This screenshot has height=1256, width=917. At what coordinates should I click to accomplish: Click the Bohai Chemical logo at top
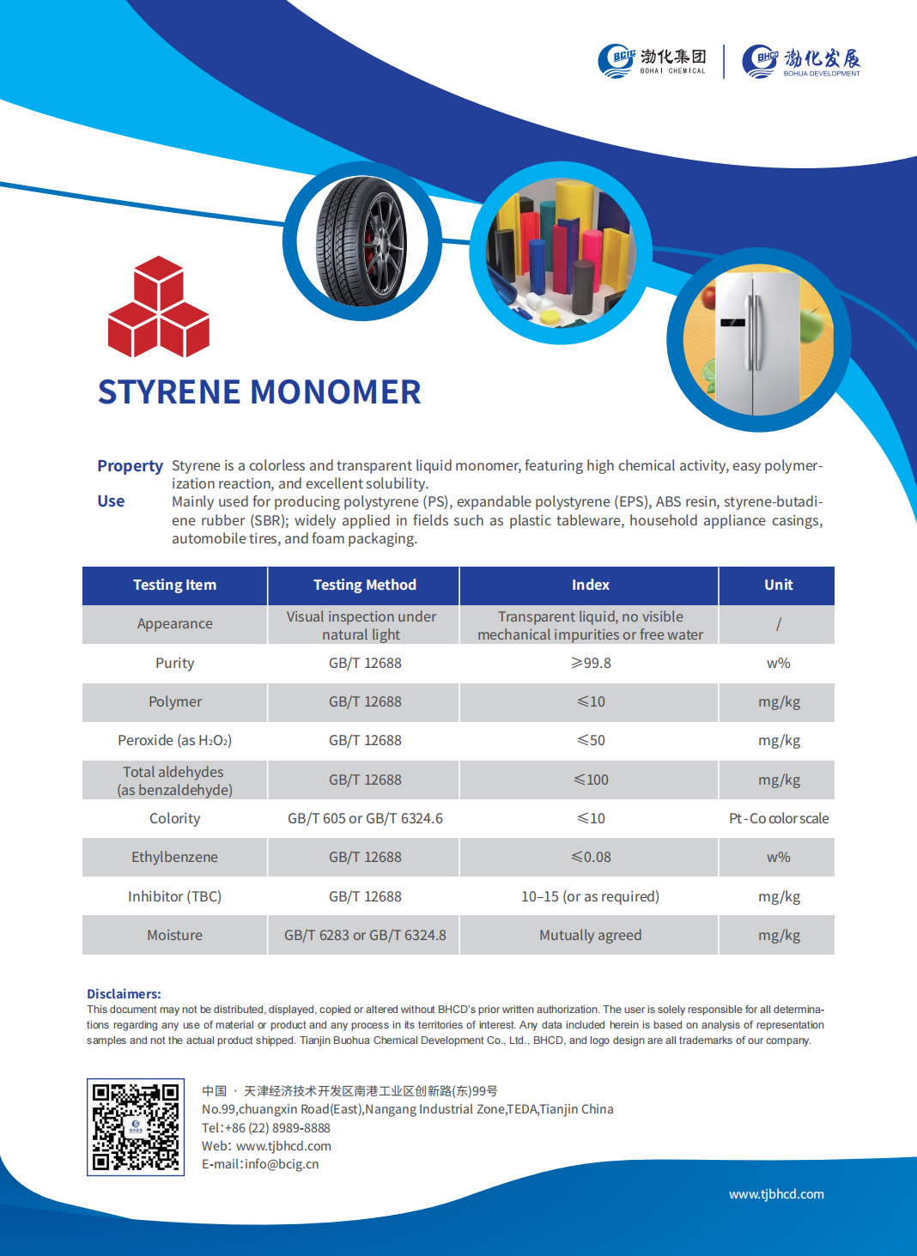click(652, 61)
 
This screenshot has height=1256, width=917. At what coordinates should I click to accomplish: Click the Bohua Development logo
click(801, 61)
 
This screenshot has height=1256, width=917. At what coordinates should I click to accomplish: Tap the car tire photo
click(361, 242)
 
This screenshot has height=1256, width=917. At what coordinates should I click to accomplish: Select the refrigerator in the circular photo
click(752, 343)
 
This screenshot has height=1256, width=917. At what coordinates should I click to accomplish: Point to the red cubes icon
click(159, 306)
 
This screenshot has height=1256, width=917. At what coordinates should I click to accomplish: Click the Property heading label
click(130, 466)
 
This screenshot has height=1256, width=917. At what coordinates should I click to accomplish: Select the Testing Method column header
click(364, 585)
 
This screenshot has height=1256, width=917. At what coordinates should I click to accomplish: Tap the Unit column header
click(778, 585)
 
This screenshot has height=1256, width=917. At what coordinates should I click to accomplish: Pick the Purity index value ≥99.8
click(591, 663)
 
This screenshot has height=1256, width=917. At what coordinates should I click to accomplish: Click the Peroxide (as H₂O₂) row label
click(174, 740)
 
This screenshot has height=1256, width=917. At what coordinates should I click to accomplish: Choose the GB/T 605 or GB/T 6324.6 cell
click(365, 818)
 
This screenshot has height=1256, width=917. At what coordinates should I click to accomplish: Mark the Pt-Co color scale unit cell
click(778, 818)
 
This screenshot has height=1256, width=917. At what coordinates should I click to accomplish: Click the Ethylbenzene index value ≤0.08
click(591, 857)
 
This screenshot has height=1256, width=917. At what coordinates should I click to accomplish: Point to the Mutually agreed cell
click(590, 935)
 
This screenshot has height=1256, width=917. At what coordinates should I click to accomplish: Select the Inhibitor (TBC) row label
click(174, 896)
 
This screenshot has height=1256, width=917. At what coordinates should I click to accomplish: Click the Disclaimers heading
click(124, 993)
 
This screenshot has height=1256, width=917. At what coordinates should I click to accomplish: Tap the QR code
click(136, 1126)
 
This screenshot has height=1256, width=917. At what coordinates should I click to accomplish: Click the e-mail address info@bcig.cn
click(282, 1164)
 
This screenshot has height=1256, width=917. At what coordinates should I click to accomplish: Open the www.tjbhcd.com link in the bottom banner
click(776, 1194)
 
